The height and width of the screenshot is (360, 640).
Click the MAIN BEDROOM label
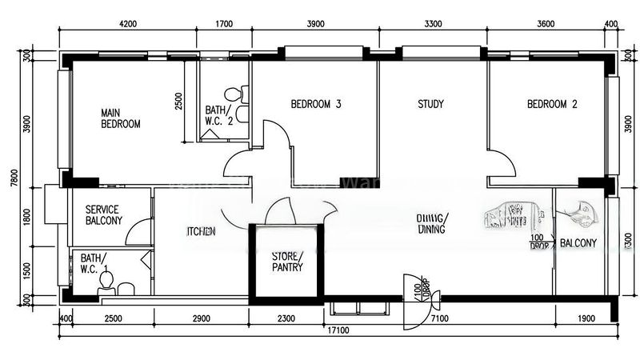(120, 118)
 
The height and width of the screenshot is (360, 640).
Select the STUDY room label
(430, 105)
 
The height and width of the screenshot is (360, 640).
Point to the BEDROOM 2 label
(552, 105)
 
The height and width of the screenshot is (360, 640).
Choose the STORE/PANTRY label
(286, 262)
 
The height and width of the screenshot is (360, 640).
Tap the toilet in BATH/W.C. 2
(233, 94)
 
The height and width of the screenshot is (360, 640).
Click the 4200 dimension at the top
(128, 24)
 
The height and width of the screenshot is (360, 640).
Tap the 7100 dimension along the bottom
(439, 318)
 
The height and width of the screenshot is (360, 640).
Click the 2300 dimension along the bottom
(286, 318)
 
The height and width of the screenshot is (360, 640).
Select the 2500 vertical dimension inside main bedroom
(179, 102)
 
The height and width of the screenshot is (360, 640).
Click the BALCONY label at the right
(578, 242)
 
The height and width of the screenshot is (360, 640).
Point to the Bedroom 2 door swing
(502, 164)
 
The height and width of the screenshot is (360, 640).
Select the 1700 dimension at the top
(225, 24)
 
